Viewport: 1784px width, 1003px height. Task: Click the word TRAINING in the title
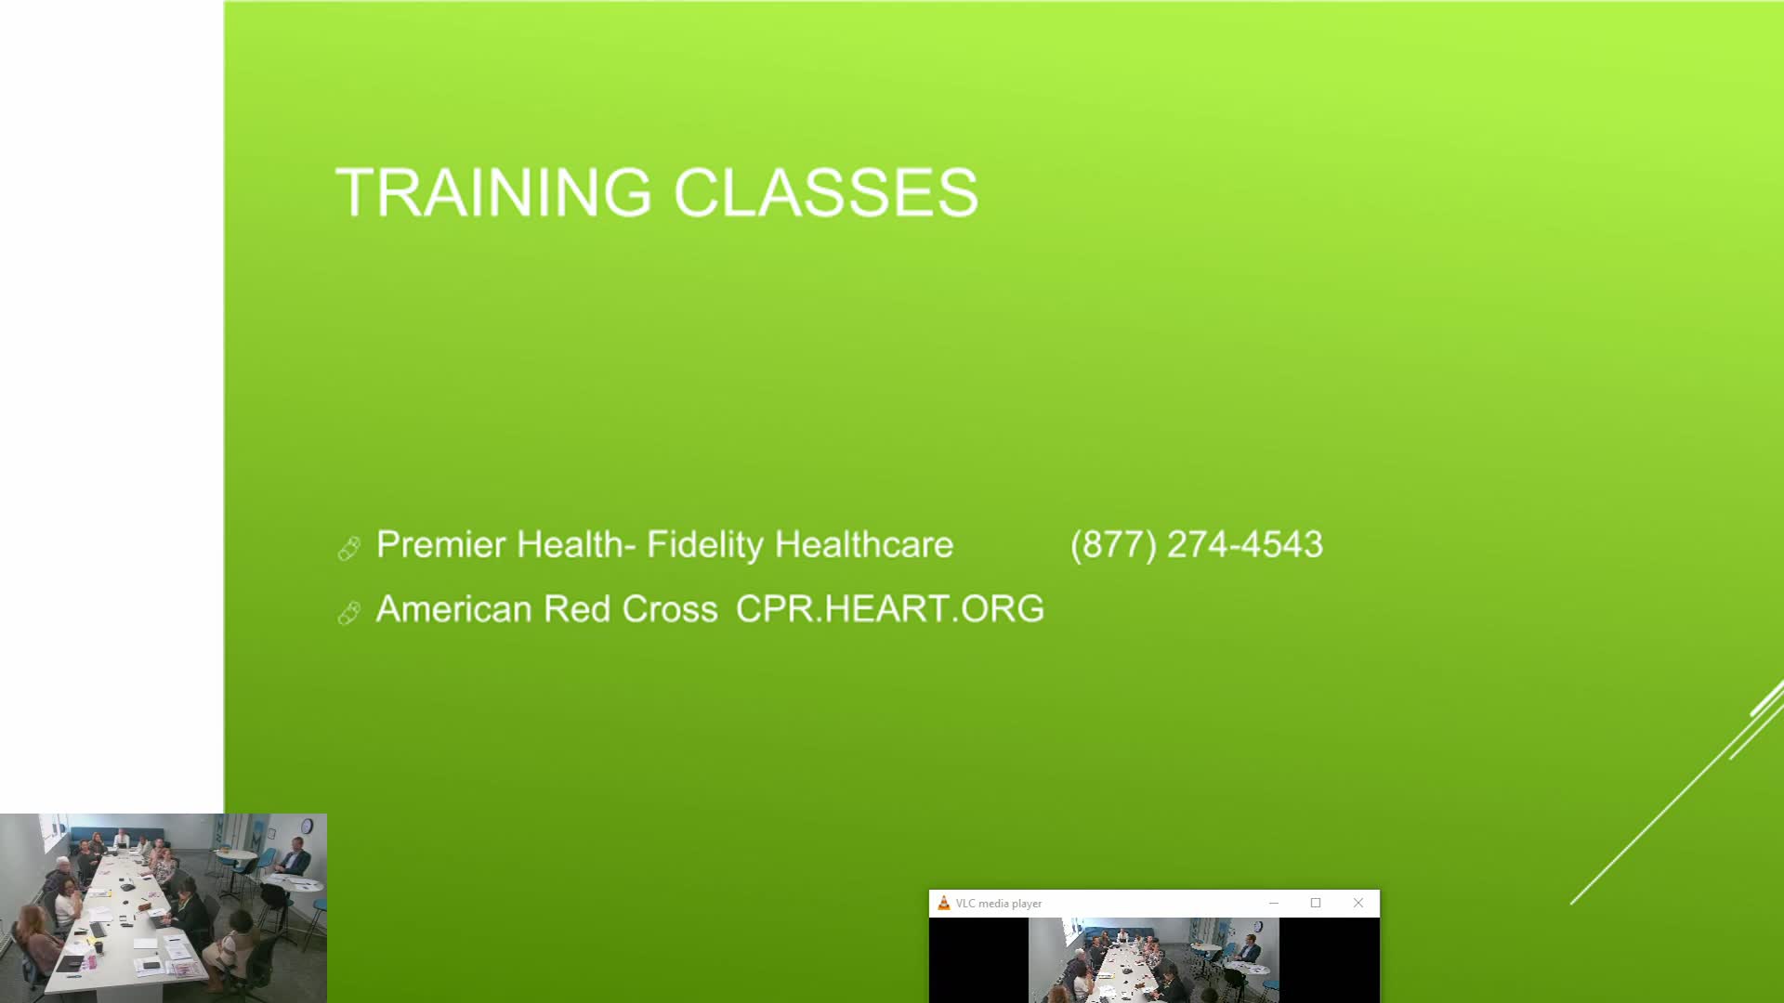pyautogui.click(x=493, y=192)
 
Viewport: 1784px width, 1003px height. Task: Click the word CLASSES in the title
pyautogui.click(x=825, y=192)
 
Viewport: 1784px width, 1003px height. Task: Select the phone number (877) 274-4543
pyautogui.click(x=1196, y=544)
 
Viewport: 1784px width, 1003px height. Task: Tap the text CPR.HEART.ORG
pyautogui.click(x=889, y=609)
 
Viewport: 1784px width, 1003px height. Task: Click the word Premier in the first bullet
pyautogui.click(x=440, y=544)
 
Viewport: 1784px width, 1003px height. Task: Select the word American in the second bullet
pyautogui.click(x=453, y=609)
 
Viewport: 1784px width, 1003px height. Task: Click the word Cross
pyautogui.click(x=669, y=609)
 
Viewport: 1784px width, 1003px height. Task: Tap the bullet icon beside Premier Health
pyautogui.click(x=349, y=549)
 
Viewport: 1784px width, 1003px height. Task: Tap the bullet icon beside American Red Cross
pyautogui.click(x=349, y=613)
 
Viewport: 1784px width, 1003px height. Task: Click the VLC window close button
pyautogui.click(x=1358, y=903)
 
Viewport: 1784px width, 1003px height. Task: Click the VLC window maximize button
pyautogui.click(x=1315, y=903)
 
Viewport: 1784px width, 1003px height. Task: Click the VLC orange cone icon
pyautogui.click(x=943, y=903)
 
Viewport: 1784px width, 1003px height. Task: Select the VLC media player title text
pyautogui.click(x=998, y=904)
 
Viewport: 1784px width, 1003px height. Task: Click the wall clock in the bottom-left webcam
pyautogui.click(x=307, y=825)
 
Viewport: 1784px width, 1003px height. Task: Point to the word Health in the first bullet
pyautogui.click(x=568, y=544)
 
